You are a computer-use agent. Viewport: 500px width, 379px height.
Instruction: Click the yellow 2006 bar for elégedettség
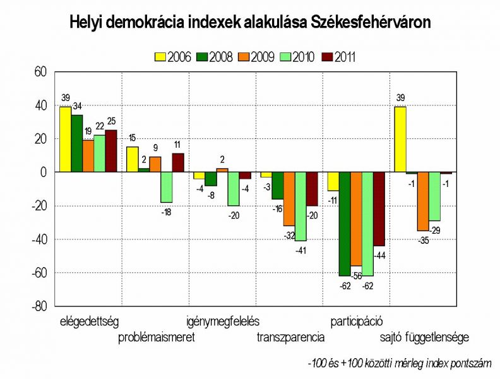[x=65, y=139]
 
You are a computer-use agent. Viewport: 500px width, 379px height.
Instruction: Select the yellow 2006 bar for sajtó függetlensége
[x=400, y=139]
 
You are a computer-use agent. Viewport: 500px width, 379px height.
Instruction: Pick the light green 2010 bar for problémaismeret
[x=166, y=187]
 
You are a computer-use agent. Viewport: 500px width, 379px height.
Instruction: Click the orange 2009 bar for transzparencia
[x=289, y=199]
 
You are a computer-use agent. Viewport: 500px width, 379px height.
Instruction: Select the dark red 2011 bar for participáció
[x=379, y=209]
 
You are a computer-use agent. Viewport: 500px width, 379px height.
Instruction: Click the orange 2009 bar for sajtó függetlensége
[x=423, y=202]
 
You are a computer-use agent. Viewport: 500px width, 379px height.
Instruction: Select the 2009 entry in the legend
[x=257, y=57]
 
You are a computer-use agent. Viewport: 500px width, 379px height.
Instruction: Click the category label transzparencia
[x=290, y=337]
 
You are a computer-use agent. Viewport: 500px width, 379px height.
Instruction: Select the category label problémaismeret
[x=157, y=337]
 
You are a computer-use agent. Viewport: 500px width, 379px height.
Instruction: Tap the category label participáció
[x=357, y=321]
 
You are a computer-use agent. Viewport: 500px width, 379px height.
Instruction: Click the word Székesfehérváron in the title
[x=371, y=23]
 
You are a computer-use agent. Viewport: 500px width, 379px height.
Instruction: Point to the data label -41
[x=302, y=251]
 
